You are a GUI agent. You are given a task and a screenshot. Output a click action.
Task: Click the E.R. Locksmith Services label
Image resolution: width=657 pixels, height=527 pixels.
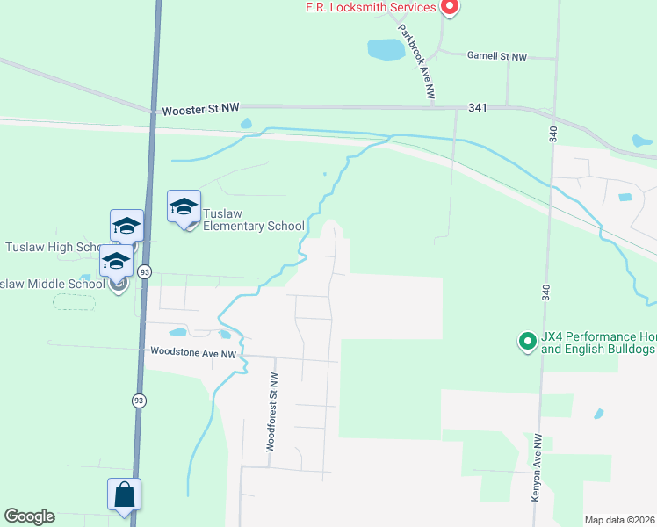pyautogui.click(x=370, y=8)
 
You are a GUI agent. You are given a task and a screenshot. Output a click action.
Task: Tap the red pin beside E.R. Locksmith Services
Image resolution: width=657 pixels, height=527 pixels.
pyautogui.click(x=450, y=7)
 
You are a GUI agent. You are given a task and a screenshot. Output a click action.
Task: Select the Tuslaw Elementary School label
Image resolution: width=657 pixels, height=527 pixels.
pyautogui.click(x=253, y=220)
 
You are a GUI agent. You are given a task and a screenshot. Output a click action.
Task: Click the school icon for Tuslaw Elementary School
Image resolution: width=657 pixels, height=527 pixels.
pyautogui.click(x=184, y=208)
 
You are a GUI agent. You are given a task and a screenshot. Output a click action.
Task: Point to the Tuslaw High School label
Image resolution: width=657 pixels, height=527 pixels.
pyautogui.click(x=54, y=247)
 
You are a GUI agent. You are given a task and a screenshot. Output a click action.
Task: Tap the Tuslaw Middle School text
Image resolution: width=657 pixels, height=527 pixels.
pyautogui.click(x=53, y=284)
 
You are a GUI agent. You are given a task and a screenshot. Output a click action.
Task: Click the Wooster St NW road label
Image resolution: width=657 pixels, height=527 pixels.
pyautogui.click(x=200, y=110)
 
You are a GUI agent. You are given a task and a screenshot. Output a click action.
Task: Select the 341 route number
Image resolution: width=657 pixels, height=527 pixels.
pyautogui.click(x=478, y=108)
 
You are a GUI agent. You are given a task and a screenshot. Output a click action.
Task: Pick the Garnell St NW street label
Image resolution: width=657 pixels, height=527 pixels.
pyautogui.click(x=496, y=56)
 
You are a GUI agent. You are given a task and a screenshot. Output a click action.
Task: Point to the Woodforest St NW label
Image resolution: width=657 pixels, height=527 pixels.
pyautogui.click(x=272, y=411)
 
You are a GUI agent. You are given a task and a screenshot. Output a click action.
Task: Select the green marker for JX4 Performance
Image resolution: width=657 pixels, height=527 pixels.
pyautogui.click(x=527, y=340)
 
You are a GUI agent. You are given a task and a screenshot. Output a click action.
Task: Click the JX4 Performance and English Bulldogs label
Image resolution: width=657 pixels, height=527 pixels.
pyautogui.click(x=597, y=343)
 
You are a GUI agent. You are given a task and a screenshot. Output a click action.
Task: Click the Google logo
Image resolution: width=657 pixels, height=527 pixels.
pyautogui.click(x=29, y=516)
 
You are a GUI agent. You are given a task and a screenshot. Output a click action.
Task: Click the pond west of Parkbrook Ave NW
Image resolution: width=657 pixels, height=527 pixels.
pyautogui.click(x=386, y=50)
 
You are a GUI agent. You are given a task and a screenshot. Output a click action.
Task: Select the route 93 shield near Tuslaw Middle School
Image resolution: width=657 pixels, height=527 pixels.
pyautogui.click(x=144, y=273)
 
